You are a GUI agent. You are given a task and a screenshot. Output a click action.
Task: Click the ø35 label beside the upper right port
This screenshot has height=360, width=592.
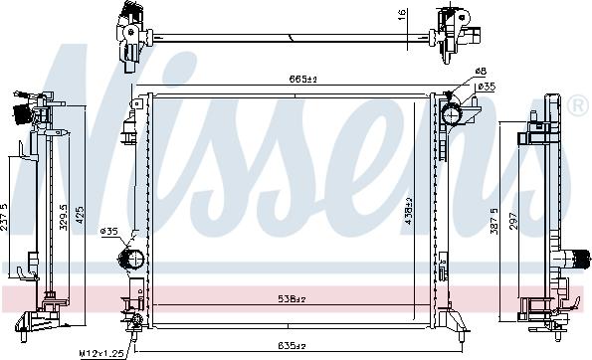coord(488,88)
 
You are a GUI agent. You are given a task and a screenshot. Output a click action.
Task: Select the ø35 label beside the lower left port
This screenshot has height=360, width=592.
coord(109,232)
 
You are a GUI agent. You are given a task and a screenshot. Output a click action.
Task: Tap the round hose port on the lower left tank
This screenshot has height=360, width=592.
coord(129,261)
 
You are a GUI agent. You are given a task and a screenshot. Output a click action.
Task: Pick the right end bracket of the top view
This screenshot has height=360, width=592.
coord(457,34)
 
